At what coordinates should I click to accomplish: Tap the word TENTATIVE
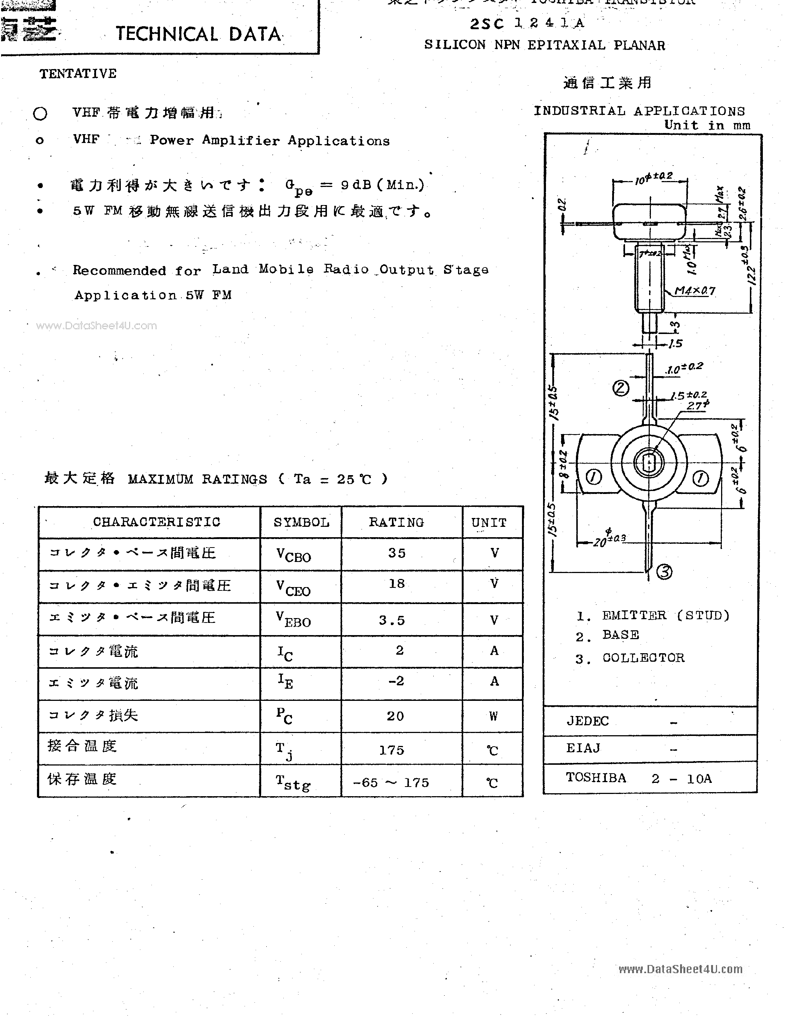(78, 74)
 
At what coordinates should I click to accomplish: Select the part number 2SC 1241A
(527, 23)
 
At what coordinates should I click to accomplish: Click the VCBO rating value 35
(397, 553)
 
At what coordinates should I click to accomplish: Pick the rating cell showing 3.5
(392, 620)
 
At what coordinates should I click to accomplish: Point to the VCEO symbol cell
(293, 587)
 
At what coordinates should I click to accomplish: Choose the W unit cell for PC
(494, 716)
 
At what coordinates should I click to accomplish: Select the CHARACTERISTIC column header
(156, 522)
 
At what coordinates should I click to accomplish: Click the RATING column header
(396, 522)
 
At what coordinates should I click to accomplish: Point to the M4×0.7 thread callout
(695, 291)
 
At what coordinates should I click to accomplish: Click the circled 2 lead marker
(621, 388)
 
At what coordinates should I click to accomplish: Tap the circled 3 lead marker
(665, 571)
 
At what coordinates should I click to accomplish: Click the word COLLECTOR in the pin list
(643, 658)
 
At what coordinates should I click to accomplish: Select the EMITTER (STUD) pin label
(665, 616)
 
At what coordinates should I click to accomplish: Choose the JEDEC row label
(587, 721)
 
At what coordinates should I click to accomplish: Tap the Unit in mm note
(707, 125)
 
